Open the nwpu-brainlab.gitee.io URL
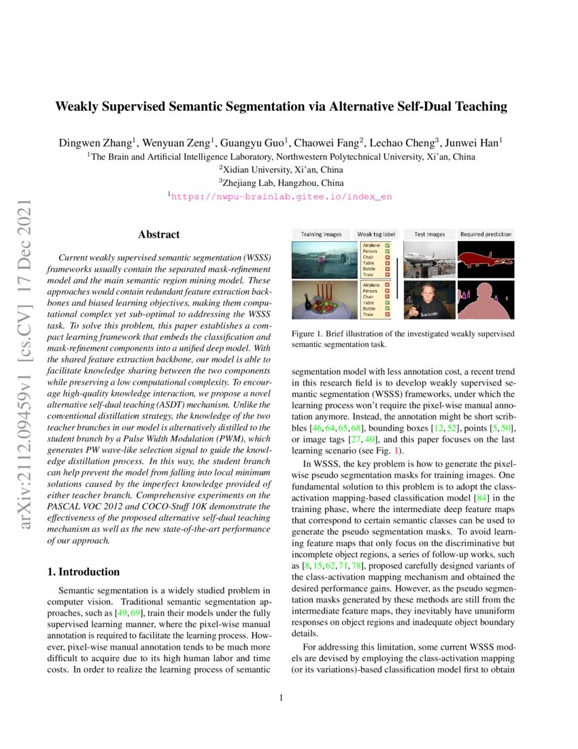(281, 196)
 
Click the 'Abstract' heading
(158, 235)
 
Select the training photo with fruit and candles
(321, 300)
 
